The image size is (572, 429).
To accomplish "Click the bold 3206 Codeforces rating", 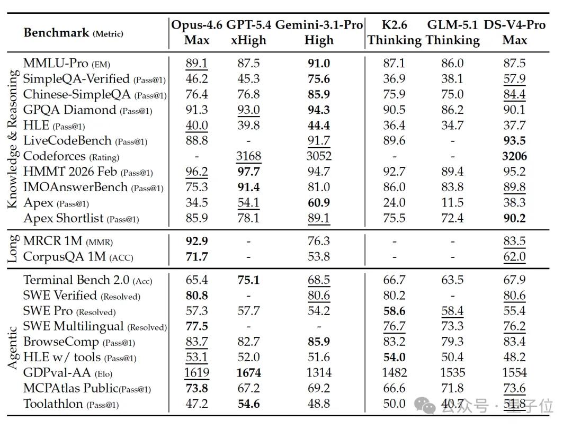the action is pyautogui.click(x=514, y=156).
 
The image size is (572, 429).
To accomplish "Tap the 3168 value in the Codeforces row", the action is pyautogui.click(x=248, y=156).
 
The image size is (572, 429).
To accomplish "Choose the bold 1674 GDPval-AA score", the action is pyautogui.click(x=248, y=373).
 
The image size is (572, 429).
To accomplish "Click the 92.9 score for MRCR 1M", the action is pyautogui.click(x=196, y=241).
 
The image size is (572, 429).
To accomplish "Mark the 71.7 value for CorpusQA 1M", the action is pyautogui.click(x=196, y=257).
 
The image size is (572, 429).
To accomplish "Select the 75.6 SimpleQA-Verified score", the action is pyautogui.click(x=319, y=79).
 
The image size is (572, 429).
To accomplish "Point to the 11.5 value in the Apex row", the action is pyautogui.click(x=452, y=202).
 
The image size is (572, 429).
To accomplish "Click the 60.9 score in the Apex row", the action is pyautogui.click(x=319, y=202).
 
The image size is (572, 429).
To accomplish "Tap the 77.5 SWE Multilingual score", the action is pyautogui.click(x=196, y=326).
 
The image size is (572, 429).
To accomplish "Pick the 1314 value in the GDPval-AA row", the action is pyautogui.click(x=319, y=373).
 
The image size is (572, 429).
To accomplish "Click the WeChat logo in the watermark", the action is pyautogui.click(x=424, y=405).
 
